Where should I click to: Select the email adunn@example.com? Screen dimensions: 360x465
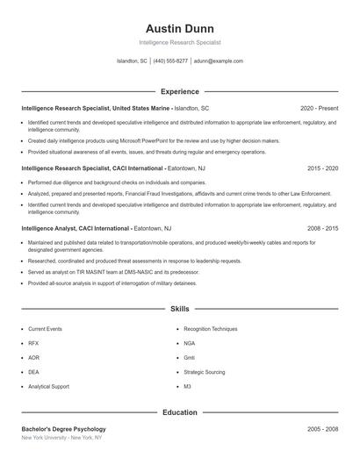219,61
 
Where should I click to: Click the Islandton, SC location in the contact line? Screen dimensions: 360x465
132,61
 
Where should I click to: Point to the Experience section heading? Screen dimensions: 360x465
179,91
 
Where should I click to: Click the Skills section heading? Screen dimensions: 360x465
179,310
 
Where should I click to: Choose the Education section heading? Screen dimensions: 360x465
179,411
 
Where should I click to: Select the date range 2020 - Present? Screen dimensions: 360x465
319,108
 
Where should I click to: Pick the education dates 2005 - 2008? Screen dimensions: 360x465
322,428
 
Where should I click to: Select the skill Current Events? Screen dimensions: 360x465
45,329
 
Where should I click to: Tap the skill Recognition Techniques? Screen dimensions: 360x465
210,329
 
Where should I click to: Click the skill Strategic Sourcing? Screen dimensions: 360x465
204,372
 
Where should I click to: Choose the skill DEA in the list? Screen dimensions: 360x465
33,372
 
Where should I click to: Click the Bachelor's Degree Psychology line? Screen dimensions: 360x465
63,428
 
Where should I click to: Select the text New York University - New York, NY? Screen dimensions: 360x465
61,437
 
